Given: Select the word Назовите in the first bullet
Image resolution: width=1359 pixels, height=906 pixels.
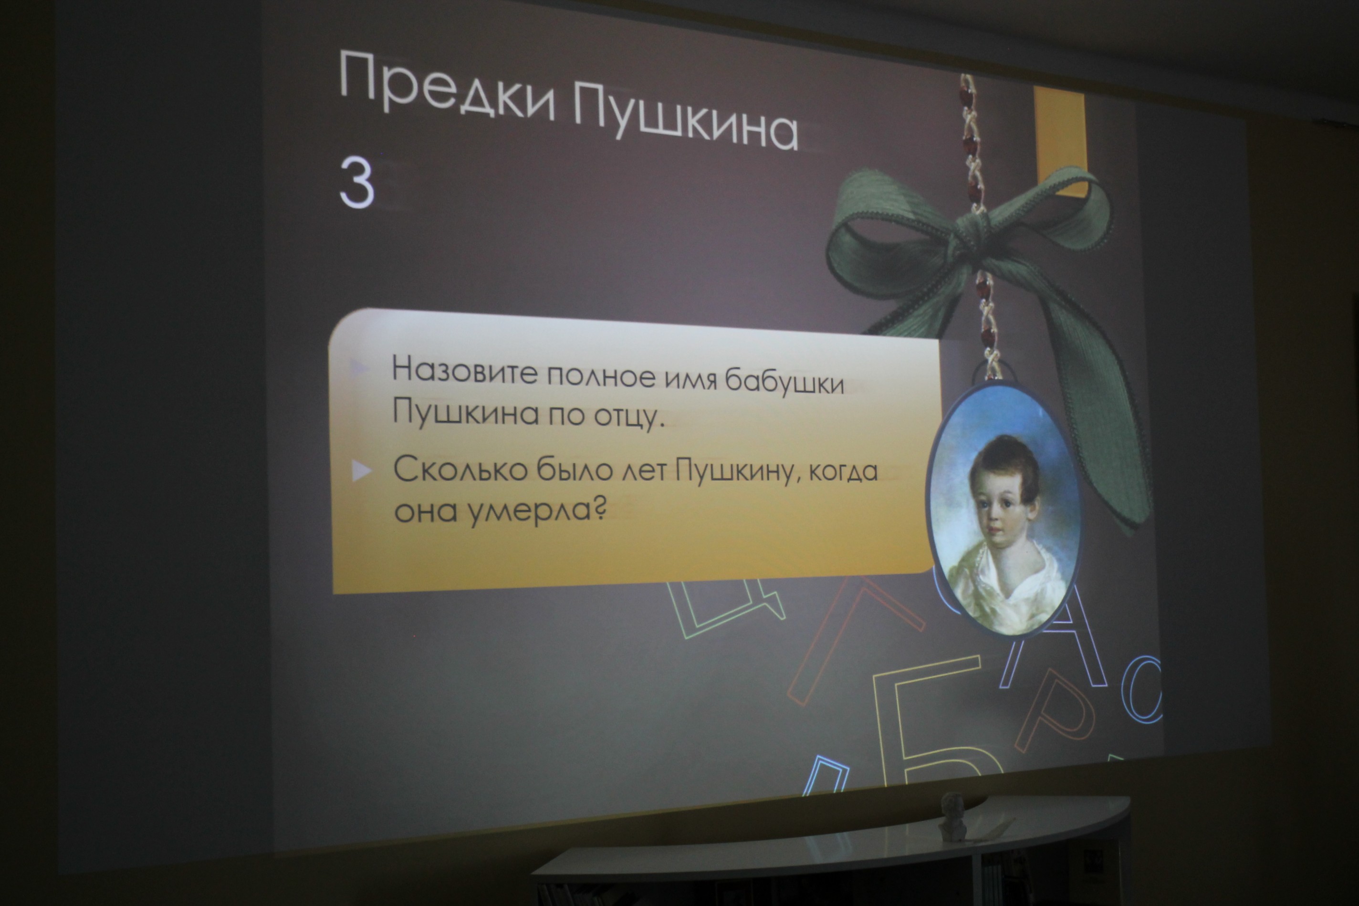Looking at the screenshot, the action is point(464,370).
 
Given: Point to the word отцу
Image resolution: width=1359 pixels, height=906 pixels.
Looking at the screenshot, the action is point(630,416).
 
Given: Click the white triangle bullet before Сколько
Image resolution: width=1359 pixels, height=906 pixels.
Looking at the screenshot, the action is point(361,471).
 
